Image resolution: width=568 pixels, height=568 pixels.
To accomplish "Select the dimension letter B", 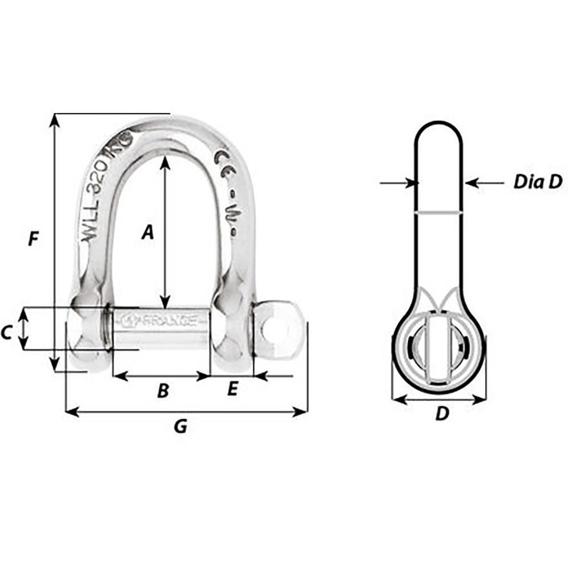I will [163, 391].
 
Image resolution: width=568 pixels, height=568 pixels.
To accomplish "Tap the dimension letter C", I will [7, 332].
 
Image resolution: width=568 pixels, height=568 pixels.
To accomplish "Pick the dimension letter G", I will [180, 427].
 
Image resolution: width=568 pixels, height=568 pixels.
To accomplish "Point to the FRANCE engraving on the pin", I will [160, 319].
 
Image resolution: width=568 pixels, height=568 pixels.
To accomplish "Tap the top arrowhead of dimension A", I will [165, 162].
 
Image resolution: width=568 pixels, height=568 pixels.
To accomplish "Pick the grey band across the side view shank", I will [439, 211].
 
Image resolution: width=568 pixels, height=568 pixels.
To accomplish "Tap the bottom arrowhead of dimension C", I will [25, 346].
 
